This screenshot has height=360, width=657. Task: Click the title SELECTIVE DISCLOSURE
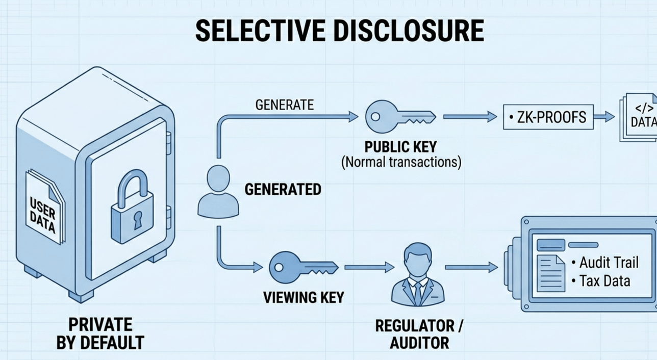pyautogui.click(x=339, y=31)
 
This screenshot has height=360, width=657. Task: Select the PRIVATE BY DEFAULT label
pyautogui.click(x=100, y=333)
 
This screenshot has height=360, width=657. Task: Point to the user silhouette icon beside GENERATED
pyautogui.click(x=218, y=191)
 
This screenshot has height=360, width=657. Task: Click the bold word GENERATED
pyautogui.click(x=283, y=190)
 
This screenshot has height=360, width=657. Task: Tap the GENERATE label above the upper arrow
pyautogui.click(x=285, y=105)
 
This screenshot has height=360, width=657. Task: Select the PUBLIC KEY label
pyautogui.click(x=400, y=147)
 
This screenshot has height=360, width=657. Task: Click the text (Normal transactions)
pyautogui.click(x=400, y=163)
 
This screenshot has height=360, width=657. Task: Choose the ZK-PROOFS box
pyautogui.click(x=548, y=118)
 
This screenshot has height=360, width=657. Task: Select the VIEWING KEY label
pyautogui.click(x=304, y=297)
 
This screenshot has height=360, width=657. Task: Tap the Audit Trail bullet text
pyautogui.click(x=609, y=263)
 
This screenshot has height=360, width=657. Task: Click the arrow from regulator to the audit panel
pyautogui.click(x=471, y=267)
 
